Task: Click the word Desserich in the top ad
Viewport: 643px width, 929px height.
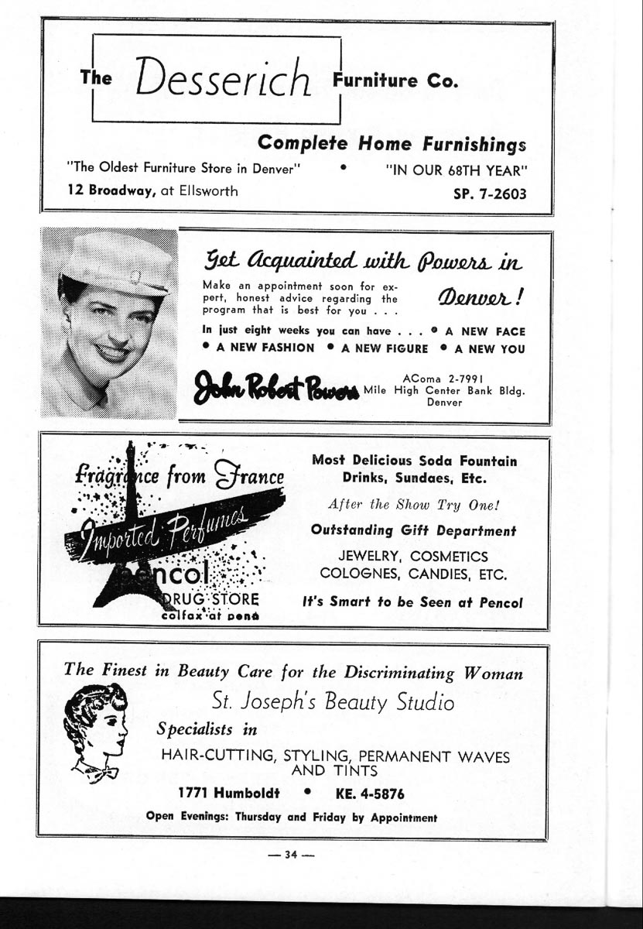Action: (223, 78)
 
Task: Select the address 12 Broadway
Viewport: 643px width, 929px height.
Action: (111, 191)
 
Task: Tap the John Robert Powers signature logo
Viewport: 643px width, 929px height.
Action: (276, 386)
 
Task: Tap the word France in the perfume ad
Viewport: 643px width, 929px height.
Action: (248, 475)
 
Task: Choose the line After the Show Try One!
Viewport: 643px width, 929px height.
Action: (414, 504)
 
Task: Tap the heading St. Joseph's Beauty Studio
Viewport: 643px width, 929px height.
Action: (333, 702)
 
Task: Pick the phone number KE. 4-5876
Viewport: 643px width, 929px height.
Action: (370, 794)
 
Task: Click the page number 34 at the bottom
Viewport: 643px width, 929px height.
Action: (291, 855)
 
